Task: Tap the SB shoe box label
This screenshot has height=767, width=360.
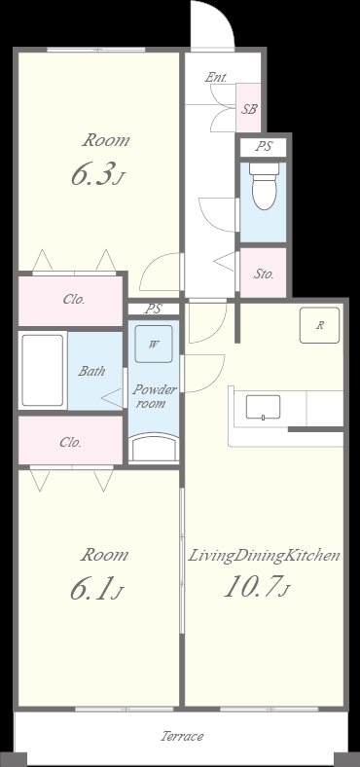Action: pyautogui.click(x=249, y=109)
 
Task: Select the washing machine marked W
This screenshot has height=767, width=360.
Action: pyautogui.click(x=154, y=344)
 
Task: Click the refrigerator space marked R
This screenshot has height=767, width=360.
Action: pyautogui.click(x=319, y=325)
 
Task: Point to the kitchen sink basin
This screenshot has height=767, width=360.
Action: pyautogui.click(x=263, y=408)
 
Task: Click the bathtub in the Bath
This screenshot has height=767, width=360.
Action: pyautogui.click(x=43, y=370)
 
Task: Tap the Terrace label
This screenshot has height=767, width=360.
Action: pyautogui.click(x=182, y=736)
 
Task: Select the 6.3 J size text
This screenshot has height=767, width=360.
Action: pyautogui.click(x=97, y=175)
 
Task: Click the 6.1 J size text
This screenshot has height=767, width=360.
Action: pyautogui.click(x=96, y=589)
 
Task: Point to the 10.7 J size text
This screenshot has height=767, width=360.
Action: pyautogui.click(x=258, y=587)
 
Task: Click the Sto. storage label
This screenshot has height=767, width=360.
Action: pyautogui.click(x=264, y=274)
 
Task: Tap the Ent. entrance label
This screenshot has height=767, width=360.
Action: pyautogui.click(x=216, y=77)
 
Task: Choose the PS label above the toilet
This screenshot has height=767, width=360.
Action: pyautogui.click(x=264, y=146)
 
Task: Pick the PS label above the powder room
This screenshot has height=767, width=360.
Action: pyautogui.click(x=153, y=309)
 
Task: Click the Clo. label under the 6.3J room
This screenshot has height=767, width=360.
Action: pyautogui.click(x=74, y=300)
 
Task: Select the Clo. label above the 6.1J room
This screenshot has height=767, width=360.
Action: pyautogui.click(x=70, y=442)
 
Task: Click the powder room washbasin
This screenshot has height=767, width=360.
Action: pyautogui.click(x=154, y=448)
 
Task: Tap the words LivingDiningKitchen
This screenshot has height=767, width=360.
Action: pyautogui.click(x=264, y=556)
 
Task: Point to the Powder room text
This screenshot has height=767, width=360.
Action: pyautogui.click(x=155, y=397)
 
